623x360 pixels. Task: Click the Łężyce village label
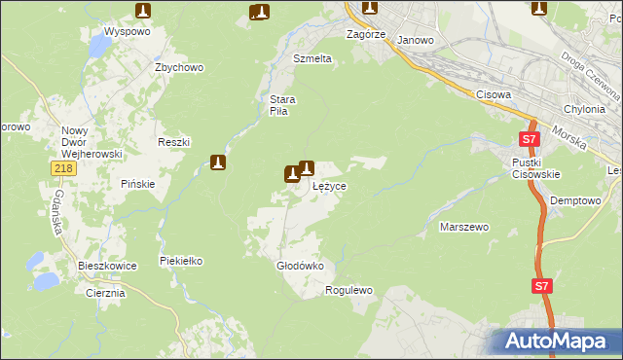pyautogui.click(x=329, y=185)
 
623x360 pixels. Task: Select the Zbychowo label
pyautogui.click(x=178, y=67)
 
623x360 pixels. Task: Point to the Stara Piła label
pyautogui.click(x=282, y=105)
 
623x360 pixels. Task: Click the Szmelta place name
pyautogui.click(x=312, y=58)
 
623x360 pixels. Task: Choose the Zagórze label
pyautogui.click(x=367, y=34)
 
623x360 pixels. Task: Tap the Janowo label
pyautogui.click(x=416, y=41)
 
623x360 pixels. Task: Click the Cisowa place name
pyautogui.click(x=495, y=94)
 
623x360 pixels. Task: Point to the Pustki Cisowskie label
pyautogui.click(x=531, y=167)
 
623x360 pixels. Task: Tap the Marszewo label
pyautogui.click(x=463, y=227)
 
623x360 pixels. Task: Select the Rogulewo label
pyautogui.click(x=349, y=290)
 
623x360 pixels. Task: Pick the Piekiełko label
pyautogui.click(x=180, y=261)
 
